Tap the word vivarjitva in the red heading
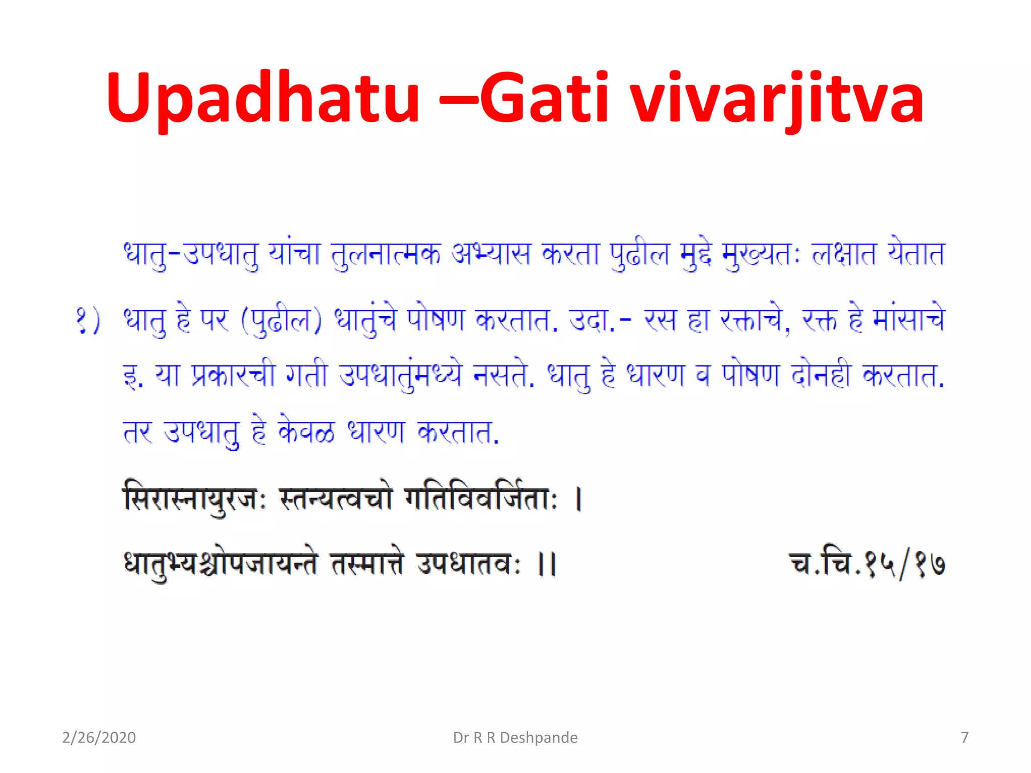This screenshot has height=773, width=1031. click(777, 98)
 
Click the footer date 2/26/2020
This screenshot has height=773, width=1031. click(99, 737)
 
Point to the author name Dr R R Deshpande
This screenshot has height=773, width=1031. click(515, 737)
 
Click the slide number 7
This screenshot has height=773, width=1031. click(964, 737)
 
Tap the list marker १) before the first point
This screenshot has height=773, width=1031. click(89, 321)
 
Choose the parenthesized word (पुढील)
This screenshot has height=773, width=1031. click(281, 321)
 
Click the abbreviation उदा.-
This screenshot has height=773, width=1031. click(599, 321)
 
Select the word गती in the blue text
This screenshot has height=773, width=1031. click(306, 375)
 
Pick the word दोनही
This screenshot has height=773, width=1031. click(821, 375)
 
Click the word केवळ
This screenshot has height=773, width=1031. click(306, 431)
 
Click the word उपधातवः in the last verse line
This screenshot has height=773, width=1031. click(469, 564)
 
